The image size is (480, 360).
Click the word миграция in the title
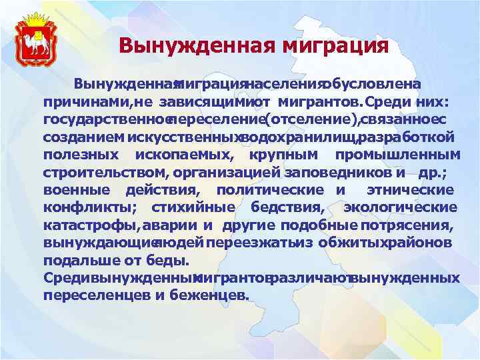coord(335,46)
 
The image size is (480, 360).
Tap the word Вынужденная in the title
coord(199,46)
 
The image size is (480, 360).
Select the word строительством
coord(105,172)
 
